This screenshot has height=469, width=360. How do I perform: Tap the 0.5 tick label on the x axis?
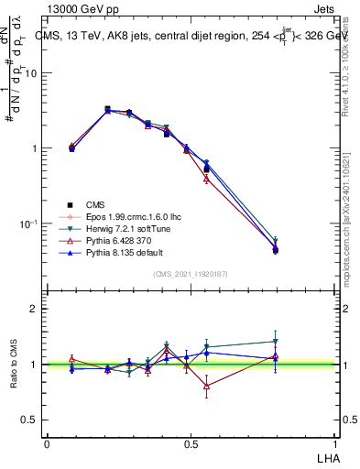pos(191,443)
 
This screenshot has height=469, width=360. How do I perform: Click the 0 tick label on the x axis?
pos(47,443)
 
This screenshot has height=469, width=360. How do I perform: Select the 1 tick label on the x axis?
pos(333,443)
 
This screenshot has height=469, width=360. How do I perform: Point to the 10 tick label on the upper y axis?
pos(31,73)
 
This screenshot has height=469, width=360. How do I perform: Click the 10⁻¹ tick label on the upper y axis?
pos(27,224)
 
